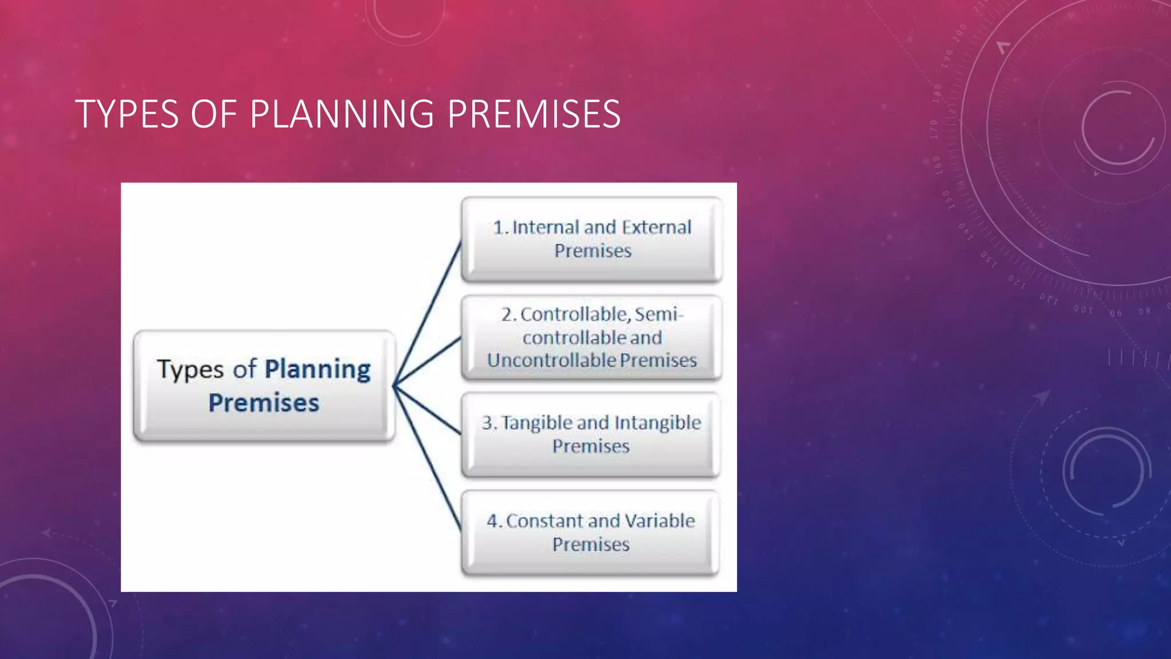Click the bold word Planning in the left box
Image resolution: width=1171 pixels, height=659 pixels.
point(318,370)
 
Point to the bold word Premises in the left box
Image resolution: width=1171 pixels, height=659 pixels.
point(264,403)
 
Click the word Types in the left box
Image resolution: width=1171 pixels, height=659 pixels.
point(190,370)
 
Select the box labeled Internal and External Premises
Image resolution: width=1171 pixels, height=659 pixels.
point(591,239)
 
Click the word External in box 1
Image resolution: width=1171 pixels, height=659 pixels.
point(656,227)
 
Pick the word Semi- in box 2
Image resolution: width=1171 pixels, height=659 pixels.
point(659,314)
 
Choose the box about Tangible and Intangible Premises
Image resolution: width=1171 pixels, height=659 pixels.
point(591,435)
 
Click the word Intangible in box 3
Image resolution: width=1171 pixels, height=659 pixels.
point(658,423)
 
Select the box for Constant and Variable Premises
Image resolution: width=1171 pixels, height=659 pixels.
point(591,533)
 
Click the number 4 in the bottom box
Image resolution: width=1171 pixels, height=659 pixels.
point(493,521)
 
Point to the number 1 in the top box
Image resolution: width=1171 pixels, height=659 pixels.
point(499,227)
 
